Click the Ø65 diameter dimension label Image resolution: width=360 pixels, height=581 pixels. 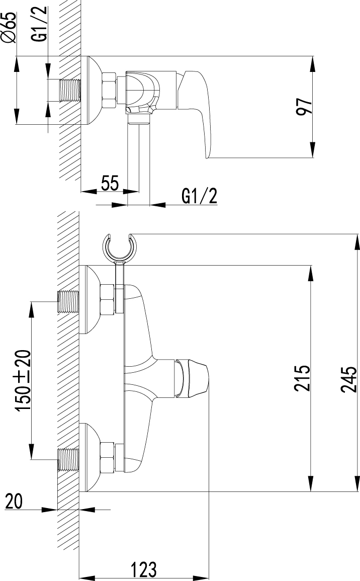pyautogui.click(x=10, y=27)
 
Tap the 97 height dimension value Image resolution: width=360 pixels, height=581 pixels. pyautogui.click(x=305, y=107)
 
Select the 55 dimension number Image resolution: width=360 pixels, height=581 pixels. pyautogui.click(x=110, y=184)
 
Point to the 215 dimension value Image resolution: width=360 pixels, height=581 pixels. pyautogui.click(x=302, y=378)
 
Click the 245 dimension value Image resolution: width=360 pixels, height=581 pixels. pyautogui.click(x=348, y=379)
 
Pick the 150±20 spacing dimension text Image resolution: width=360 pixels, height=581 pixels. pyautogui.click(x=23, y=380)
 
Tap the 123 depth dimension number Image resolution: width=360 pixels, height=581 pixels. pyautogui.click(x=143, y=569)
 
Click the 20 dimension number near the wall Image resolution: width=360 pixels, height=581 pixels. pyautogui.click(x=14, y=502)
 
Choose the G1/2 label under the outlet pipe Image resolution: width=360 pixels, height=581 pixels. pyautogui.click(x=199, y=196)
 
